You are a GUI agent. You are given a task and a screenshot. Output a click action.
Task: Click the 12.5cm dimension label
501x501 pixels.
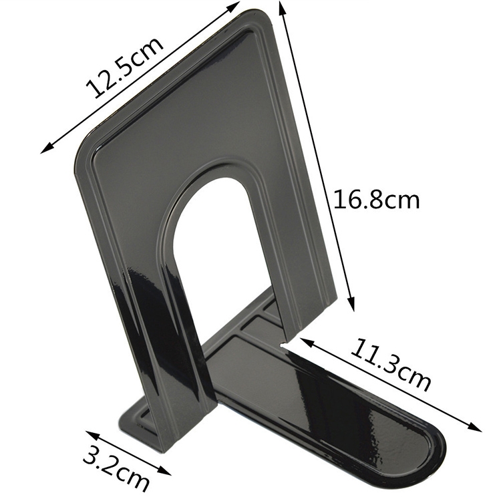tap(124, 67)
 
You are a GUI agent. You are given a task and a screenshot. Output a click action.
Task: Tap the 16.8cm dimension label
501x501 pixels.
tap(376, 200)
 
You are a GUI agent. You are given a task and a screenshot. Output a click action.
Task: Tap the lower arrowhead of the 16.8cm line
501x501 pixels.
tap(351, 303)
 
